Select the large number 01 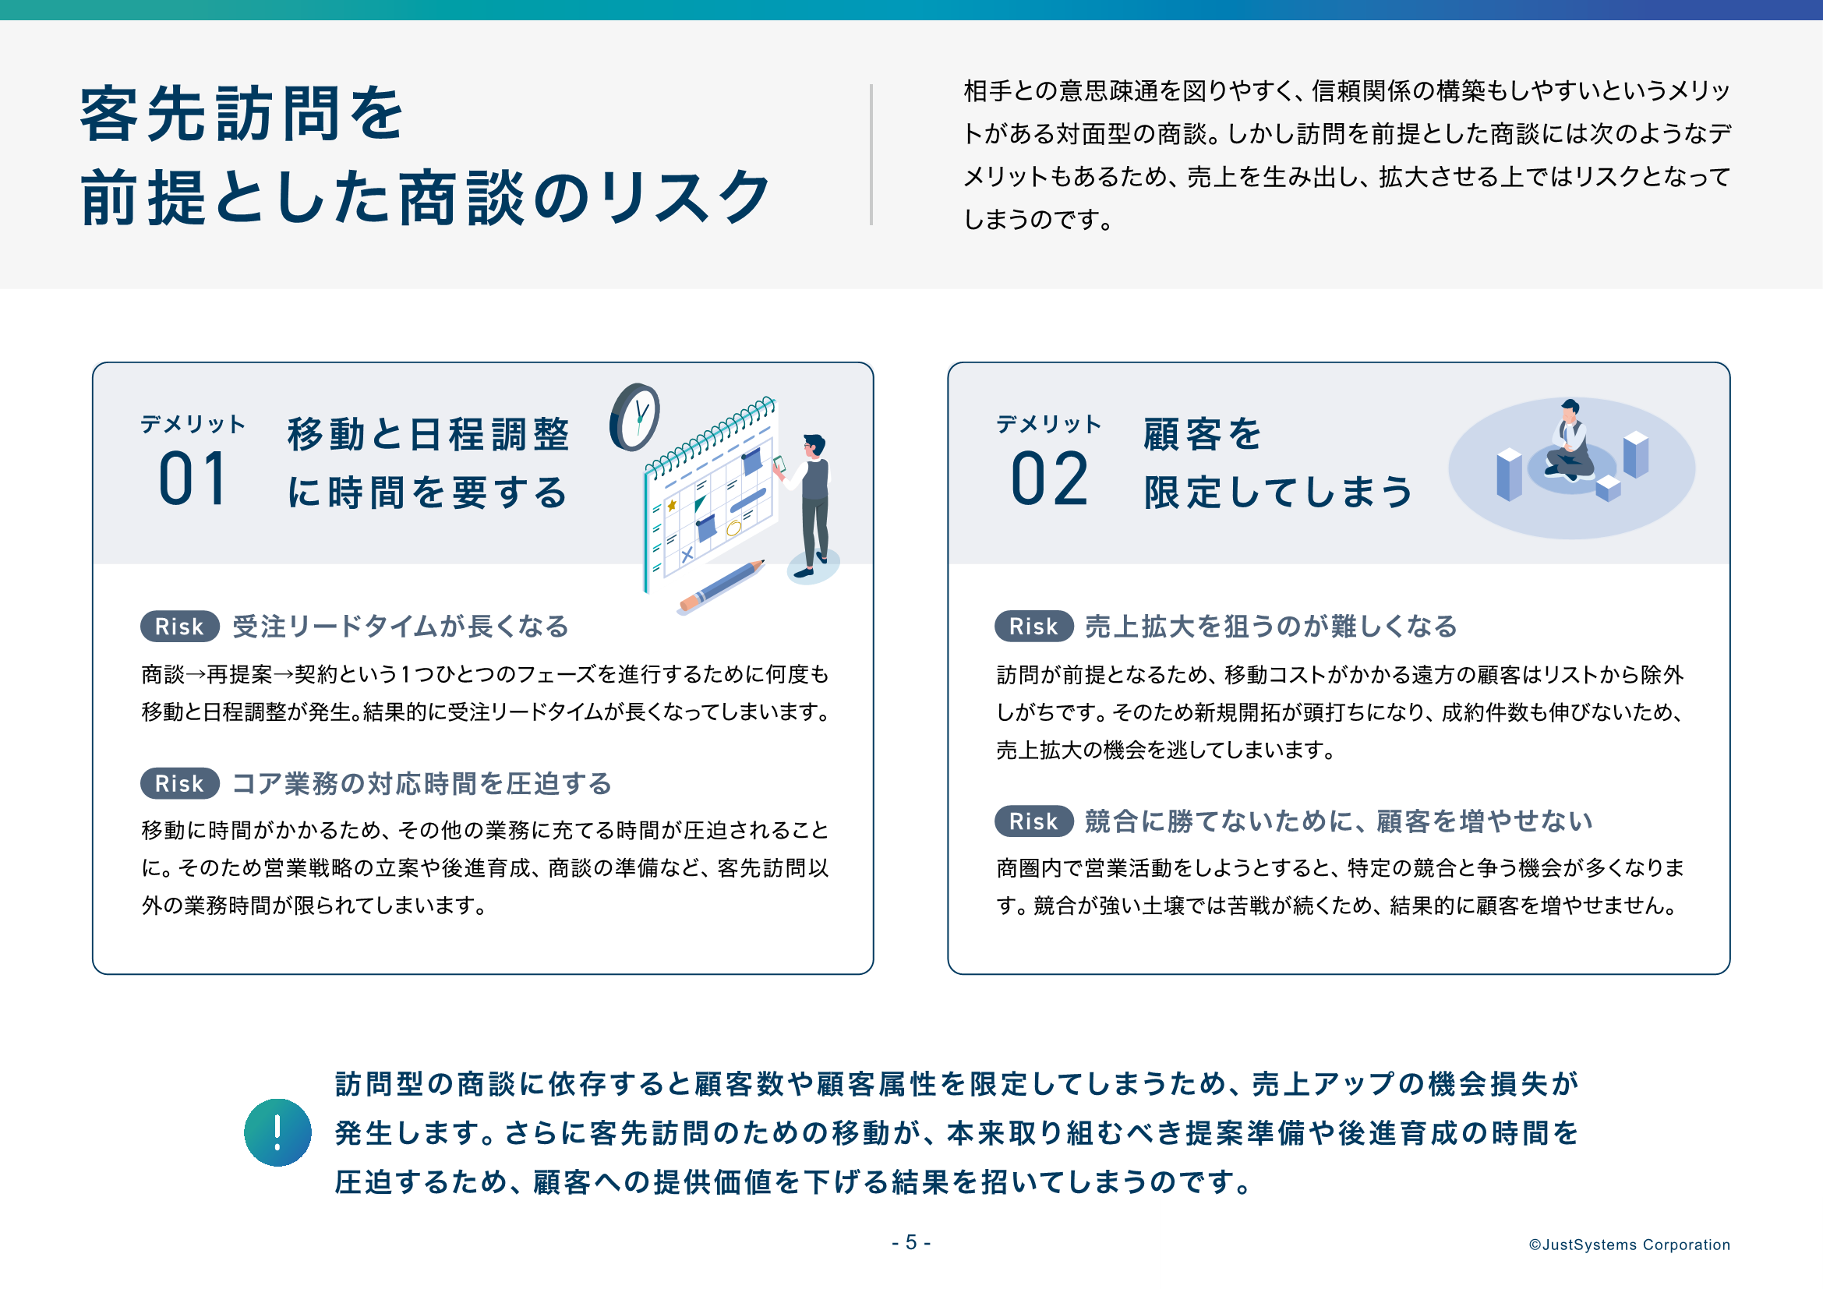pos(193,479)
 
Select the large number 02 pos(1049,479)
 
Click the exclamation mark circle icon pos(277,1132)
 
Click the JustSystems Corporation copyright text pos(1629,1245)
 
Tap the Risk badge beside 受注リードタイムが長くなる pos(179,627)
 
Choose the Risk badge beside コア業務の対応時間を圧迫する pos(179,783)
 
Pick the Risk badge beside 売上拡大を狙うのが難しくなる pos(1033,627)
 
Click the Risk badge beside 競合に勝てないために pos(1033,821)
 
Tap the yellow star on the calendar pos(672,505)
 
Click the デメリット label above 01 pos(193,424)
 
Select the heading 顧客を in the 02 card pos(1201,434)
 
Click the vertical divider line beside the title pos(871,155)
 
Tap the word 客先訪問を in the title pos(242,114)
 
